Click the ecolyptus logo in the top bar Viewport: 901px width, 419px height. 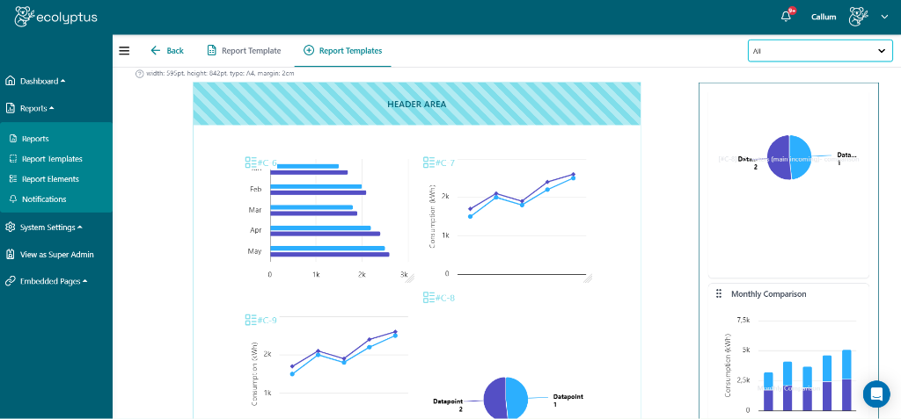(x=56, y=16)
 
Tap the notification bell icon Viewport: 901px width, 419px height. (x=786, y=17)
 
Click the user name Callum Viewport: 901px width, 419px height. (x=824, y=17)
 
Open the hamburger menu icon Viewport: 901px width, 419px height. (x=124, y=51)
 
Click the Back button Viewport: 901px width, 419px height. (x=167, y=51)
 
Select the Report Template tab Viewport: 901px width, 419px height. (x=244, y=51)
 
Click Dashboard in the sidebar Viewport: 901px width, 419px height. (x=39, y=81)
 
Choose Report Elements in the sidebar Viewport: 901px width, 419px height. (x=50, y=179)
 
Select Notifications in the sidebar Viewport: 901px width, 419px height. (x=44, y=199)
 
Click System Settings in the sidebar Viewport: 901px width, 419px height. (x=48, y=228)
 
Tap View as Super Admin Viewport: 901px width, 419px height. (x=56, y=255)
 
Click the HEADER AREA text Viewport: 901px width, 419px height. (x=416, y=105)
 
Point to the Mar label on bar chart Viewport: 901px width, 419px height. (x=255, y=210)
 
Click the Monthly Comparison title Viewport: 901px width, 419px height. (x=768, y=294)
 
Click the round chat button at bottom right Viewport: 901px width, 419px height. (x=875, y=394)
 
